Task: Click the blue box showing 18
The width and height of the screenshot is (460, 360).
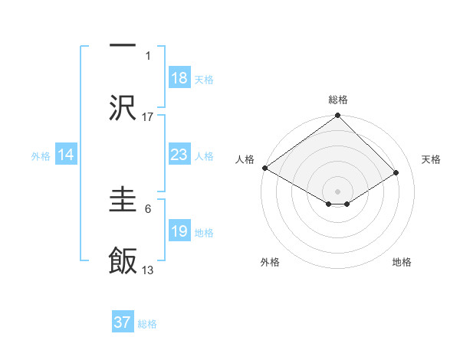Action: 179,78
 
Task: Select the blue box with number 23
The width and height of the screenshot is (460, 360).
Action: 179,155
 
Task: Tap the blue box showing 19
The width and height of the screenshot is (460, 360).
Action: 179,231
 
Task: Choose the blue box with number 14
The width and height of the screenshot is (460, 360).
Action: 66,155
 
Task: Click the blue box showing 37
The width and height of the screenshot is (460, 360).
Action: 122,322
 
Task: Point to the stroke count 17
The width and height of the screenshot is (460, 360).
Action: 148,116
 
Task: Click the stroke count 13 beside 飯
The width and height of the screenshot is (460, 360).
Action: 148,270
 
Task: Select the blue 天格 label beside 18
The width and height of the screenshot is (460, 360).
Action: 204,79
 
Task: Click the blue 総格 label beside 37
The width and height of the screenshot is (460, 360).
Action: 147,323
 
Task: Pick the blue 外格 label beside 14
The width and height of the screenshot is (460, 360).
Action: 41,155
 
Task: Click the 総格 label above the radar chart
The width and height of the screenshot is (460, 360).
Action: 337,100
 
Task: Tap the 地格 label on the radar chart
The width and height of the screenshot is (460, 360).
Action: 402,262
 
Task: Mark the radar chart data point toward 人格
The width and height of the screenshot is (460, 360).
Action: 264,168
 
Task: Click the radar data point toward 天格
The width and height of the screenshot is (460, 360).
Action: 396,173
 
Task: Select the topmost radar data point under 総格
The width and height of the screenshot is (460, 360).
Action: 337,116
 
